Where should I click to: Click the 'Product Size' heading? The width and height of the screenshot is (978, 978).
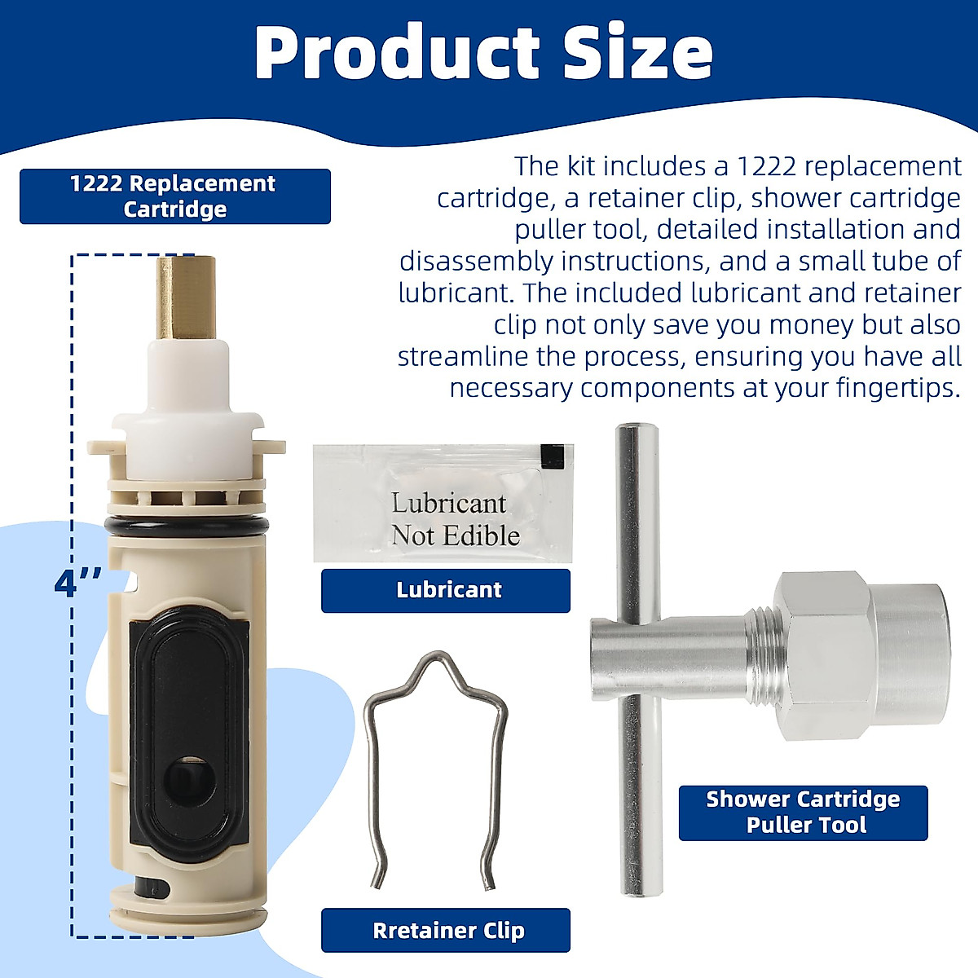coord(484,52)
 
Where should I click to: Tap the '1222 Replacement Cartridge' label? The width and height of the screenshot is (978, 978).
coord(174,196)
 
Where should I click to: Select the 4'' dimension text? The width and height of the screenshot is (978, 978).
coord(78,584)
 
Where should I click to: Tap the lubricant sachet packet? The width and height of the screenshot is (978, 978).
coord(443,502)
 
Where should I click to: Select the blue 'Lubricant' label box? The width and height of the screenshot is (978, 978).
coord(446,590)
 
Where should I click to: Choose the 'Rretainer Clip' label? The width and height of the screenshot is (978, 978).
coord(446,930)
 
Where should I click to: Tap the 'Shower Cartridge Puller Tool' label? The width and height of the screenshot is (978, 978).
coord(803,812)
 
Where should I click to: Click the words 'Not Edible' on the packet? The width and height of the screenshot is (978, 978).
coord(455,535)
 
